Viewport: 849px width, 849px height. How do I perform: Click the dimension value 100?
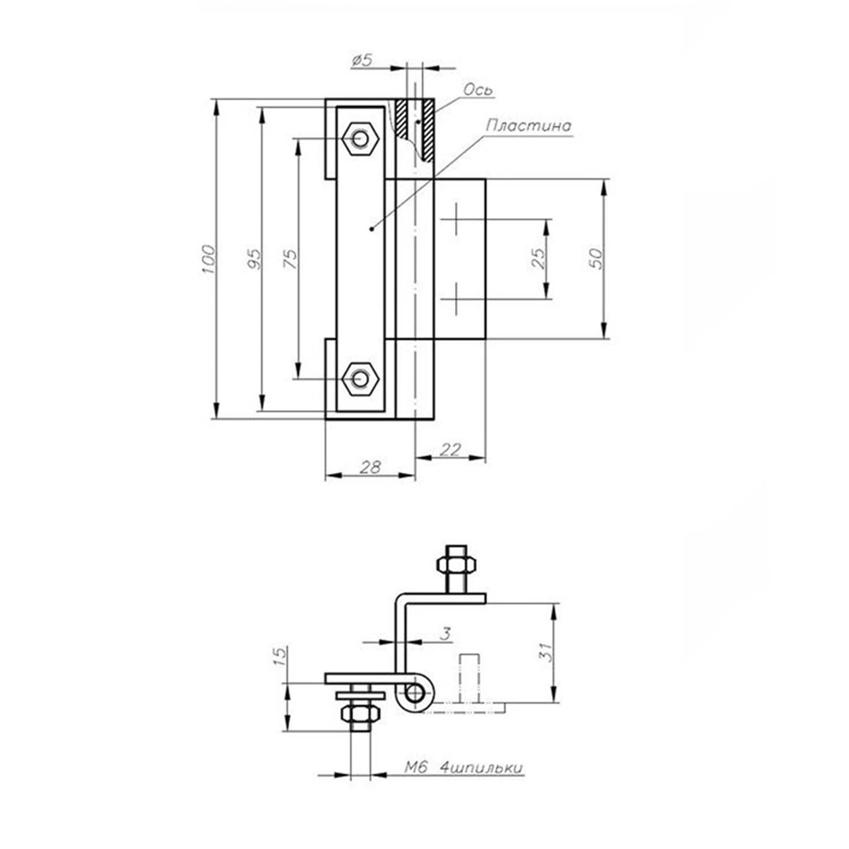coord(208,259)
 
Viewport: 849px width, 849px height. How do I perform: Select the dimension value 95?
coord(254,259)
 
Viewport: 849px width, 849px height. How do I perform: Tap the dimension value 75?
coord(291,259)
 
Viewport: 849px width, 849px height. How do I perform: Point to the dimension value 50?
coord(594,259)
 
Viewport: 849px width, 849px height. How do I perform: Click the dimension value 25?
coord(538,259)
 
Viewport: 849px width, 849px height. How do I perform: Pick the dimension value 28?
coord(370,467)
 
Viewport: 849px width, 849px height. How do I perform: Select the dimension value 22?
coord(450,450)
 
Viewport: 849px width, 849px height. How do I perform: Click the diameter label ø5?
coord(362,60)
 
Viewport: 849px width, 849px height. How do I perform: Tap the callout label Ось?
coord(478,90)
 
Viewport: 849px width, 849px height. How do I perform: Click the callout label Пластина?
coord(528,125)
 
